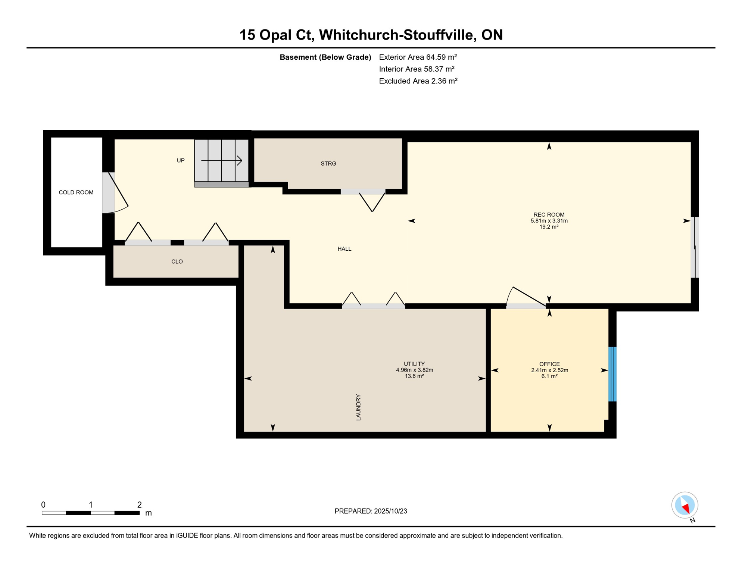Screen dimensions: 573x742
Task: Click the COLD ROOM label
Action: [76, 192]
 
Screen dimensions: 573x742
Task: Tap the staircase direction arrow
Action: [222, 161]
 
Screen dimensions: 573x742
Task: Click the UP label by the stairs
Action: [181, 160]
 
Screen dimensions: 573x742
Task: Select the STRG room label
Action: [328, 163]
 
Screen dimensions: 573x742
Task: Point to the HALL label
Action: [344, 249]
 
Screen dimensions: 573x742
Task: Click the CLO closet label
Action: [177, 262]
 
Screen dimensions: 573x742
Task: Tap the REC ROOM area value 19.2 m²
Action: [549, 227]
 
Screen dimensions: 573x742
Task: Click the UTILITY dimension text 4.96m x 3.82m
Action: [414, 370]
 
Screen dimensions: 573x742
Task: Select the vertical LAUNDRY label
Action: [358, 407]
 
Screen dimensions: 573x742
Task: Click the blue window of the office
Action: [612, 374]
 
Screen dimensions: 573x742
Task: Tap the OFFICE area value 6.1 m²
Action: [549, 376]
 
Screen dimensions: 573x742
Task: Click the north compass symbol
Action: [685, 506]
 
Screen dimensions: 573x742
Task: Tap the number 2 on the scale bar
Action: [139, 505]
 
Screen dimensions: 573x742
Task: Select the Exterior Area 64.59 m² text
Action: [418, 57]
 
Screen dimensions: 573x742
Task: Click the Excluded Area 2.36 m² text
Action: [418, 81]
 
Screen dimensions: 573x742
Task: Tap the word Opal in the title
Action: [275, 35]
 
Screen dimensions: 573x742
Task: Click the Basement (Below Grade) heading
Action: [325, 57]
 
